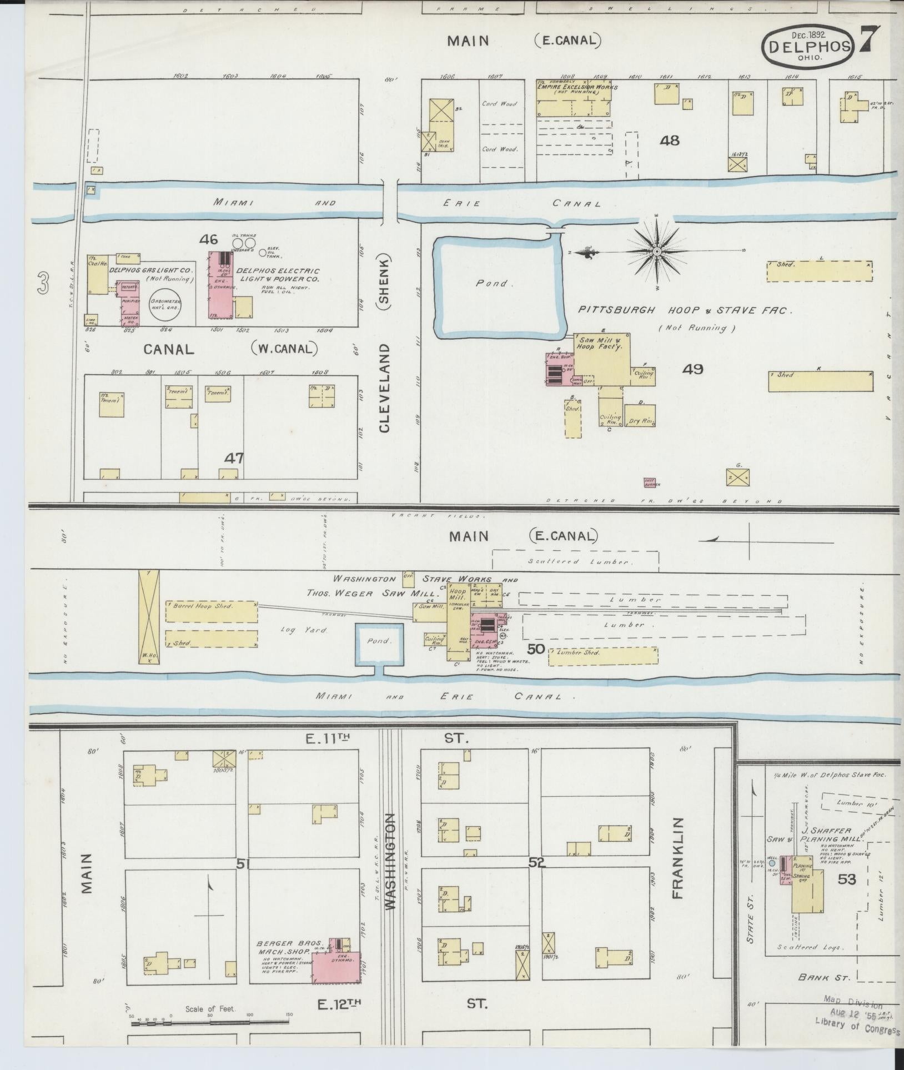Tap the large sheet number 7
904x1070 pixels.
pos(870,41)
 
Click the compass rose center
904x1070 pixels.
pos(657,252)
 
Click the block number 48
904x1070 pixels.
pos(670,140)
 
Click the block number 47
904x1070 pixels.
pos(234,458)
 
